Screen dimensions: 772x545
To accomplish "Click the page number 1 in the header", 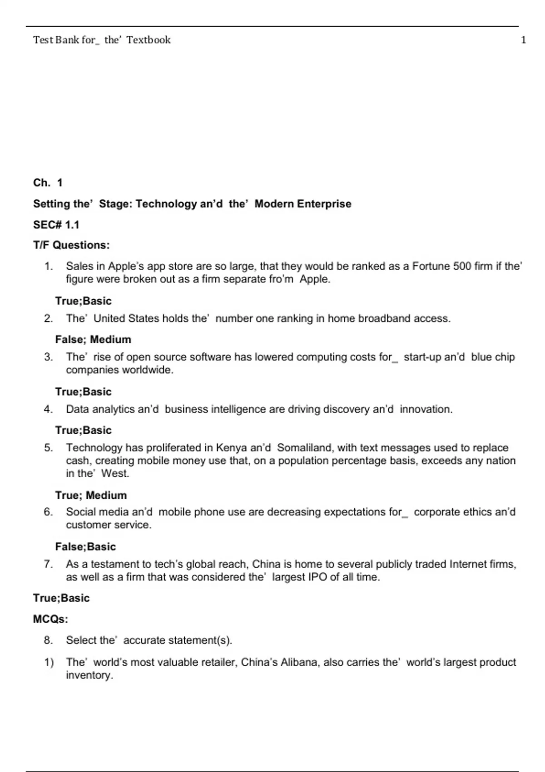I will pos(524,40).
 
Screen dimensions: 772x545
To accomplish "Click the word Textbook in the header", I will pos(149,40).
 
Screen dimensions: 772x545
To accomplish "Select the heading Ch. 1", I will pos(48,183).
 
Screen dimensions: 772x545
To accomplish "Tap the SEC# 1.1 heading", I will pos(56,224).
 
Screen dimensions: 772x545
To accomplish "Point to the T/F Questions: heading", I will pos(71,245).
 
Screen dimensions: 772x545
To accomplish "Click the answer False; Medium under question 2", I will pos(93,339).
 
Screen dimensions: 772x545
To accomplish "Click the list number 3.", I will pos(48,357).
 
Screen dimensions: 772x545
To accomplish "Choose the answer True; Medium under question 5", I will pos(91,495).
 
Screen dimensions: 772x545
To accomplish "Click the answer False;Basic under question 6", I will pos(85,546).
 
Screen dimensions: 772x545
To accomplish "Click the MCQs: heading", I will pos(50,619).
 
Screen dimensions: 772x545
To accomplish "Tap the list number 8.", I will pos(48,640).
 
